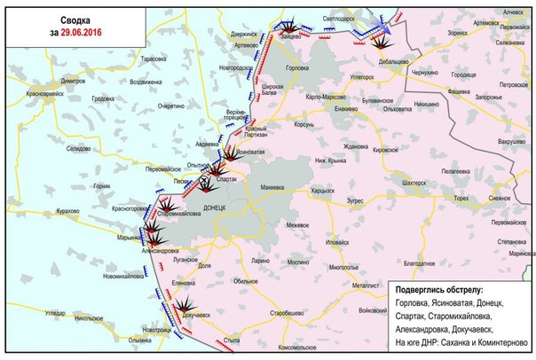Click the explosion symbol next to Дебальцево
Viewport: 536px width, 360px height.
383,40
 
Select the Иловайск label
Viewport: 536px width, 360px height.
343,241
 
